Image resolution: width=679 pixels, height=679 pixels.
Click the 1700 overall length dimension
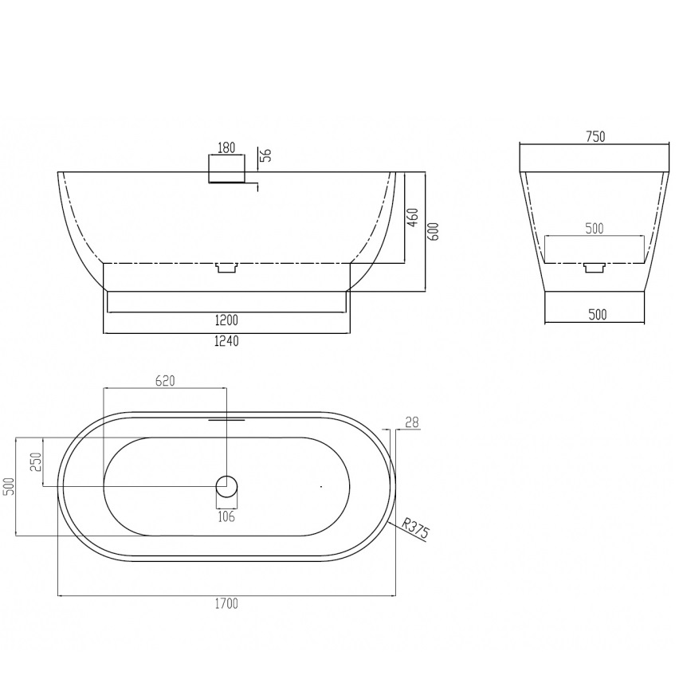coord(226,603)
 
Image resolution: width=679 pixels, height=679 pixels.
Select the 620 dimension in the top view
coord(165,381)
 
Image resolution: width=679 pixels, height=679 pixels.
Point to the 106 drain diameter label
coord(226,516)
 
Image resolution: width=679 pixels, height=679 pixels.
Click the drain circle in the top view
coord(226,486)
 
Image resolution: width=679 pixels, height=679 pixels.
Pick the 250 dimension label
coord(36,461)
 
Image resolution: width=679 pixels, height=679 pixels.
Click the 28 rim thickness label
coord(412,422)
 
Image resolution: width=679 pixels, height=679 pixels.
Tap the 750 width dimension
coord(595,137)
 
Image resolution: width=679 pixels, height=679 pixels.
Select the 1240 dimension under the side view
coord(226,341)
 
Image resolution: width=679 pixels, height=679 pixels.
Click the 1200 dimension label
coord(226,320)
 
